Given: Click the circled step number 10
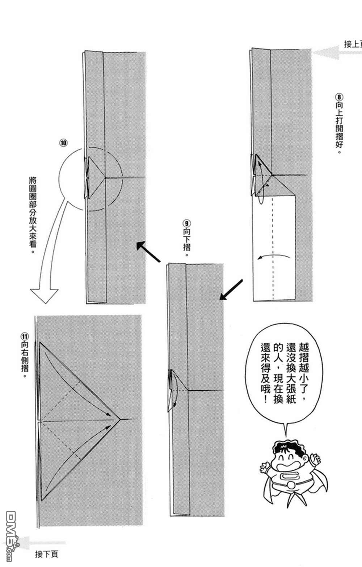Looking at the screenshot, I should tap(63, 143).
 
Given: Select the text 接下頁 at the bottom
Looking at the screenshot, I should tap(47, 554).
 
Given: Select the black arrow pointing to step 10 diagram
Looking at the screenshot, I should tap(148, 252).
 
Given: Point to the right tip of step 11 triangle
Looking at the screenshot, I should tap(120, 419).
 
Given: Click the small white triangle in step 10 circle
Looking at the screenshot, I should tap(95, 177).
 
